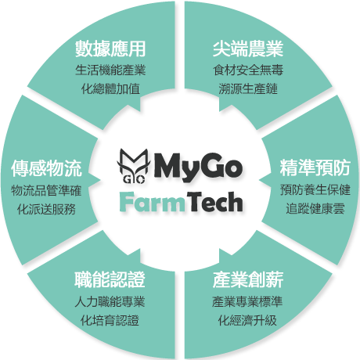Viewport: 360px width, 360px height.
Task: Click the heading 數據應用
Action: (x=110, y=49)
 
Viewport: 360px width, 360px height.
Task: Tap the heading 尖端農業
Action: (x=248, y=49)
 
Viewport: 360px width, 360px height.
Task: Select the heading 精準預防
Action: (x=315, y=167)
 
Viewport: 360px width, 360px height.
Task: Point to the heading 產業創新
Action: (x=248, y=279)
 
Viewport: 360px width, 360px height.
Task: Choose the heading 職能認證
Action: (x=110, y=279)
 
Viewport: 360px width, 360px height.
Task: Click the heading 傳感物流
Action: (x=46, y=168)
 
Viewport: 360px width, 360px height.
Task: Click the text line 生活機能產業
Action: (x=110, y=70)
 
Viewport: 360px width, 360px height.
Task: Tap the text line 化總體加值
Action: (x=110, y=89)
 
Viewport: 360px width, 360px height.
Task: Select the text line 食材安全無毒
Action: (x=248, y=70)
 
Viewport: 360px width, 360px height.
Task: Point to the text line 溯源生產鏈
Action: (x=248, y=89)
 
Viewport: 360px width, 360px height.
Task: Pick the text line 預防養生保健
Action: (x=315, y=189)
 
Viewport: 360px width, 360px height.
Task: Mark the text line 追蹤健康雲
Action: (x=315, y=209)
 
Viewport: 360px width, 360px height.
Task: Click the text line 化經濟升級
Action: (x=247, y=321)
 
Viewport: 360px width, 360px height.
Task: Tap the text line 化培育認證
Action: (x=110, y=321)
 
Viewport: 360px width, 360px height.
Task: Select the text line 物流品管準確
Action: (x=46, y=190)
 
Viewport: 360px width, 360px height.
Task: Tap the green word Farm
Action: (x=152, y=202)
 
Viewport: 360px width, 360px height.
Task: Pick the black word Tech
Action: (x=214, y=201)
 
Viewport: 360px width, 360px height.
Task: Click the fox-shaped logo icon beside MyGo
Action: (x=134, y=166)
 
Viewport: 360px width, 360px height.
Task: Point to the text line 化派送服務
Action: (x=46, y=209)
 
